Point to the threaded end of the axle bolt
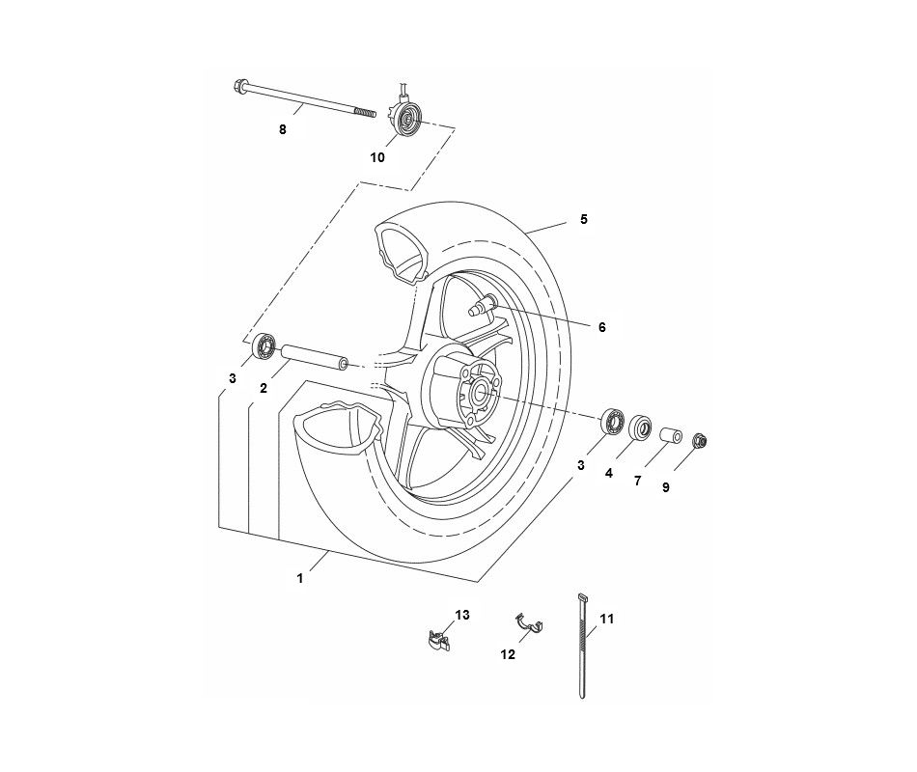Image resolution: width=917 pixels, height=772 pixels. click(364, 113)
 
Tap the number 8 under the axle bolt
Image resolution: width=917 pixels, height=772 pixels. click(282, 130)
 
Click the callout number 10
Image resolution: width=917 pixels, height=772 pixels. click(376, 156)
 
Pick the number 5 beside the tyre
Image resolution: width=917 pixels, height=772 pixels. click(583, 220)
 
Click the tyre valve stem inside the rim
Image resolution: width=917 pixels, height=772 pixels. click(480, 308)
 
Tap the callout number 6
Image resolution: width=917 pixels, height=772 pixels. click(601, 328)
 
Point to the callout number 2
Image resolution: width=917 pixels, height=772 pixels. click(263, 388)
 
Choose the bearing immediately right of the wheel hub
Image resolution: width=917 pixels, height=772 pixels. click(612, 421)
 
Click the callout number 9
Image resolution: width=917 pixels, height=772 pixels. click(665, 488)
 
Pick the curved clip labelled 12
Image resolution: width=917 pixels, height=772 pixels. click(529, 625)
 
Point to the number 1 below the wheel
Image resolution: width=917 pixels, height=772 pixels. click(300, 578)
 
